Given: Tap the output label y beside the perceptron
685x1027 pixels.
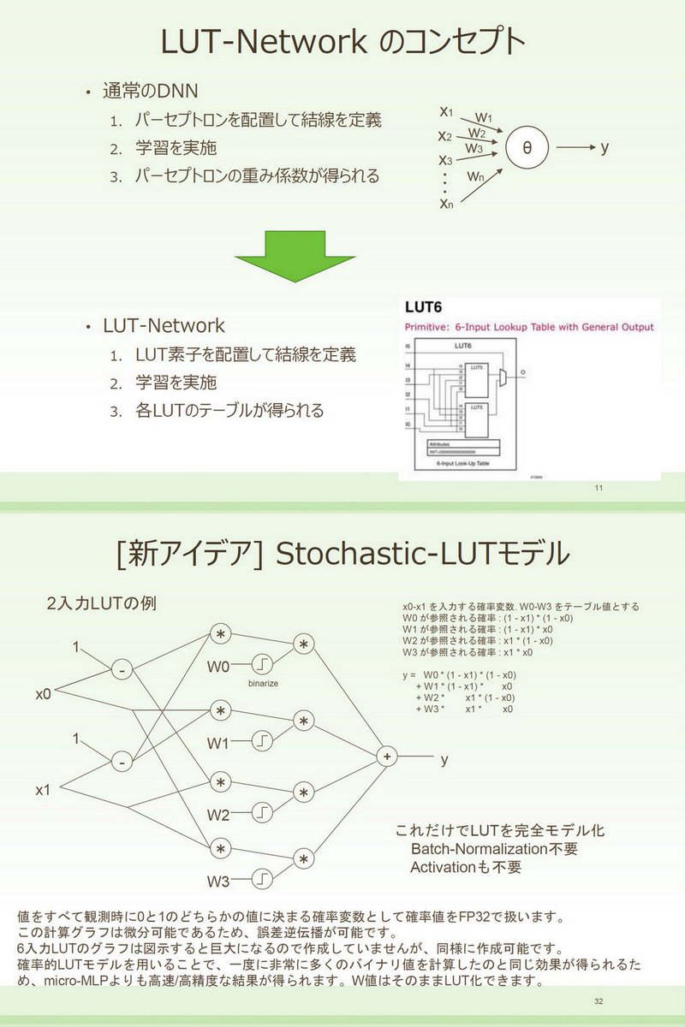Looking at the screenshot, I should [x=605, y=147].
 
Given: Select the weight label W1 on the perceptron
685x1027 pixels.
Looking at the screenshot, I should [x=483, y=117].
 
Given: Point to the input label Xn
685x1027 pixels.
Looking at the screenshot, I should [x=446, y=204].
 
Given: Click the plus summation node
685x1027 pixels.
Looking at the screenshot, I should [x=387, y=757].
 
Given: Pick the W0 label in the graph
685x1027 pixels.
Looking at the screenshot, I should [x=219, y=665].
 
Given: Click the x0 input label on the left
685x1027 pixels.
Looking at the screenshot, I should [x=44, y=694].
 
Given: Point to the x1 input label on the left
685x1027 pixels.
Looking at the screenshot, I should [x=44, y=791].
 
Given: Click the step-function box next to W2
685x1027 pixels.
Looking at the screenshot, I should [x=263, y=814].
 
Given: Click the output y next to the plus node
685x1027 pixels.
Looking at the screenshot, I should [x=444, y=758].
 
